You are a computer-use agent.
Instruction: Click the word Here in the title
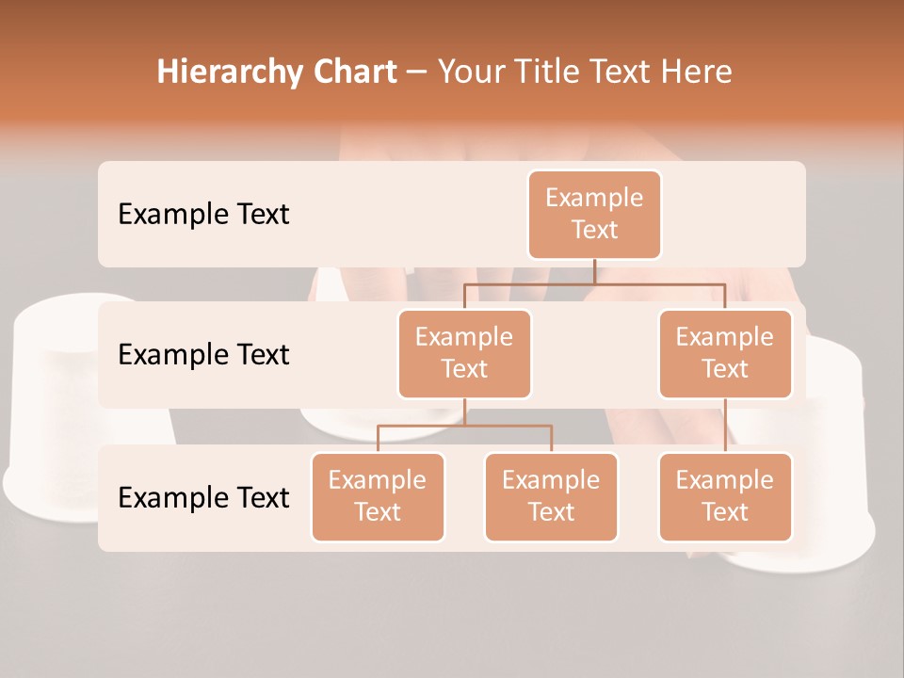click(696, 73)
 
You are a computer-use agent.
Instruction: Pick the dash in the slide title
click(416, 73)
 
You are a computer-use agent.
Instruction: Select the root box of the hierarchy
click(594, 214)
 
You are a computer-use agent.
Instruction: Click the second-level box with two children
click(464, 353)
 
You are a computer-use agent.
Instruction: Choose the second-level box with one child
click(725, 353)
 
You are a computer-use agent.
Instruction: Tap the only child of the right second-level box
click(725, 496)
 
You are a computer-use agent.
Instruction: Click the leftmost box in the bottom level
click(378, 496)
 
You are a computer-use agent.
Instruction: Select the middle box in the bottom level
click(551, 496)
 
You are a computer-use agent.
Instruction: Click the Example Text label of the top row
click(203, 215)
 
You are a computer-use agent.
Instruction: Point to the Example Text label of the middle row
click(203, 355)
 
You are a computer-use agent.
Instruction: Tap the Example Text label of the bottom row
click(203, 497)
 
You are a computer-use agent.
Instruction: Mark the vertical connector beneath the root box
click(594, 271)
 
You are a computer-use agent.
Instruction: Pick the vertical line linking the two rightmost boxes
click(725, 426)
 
